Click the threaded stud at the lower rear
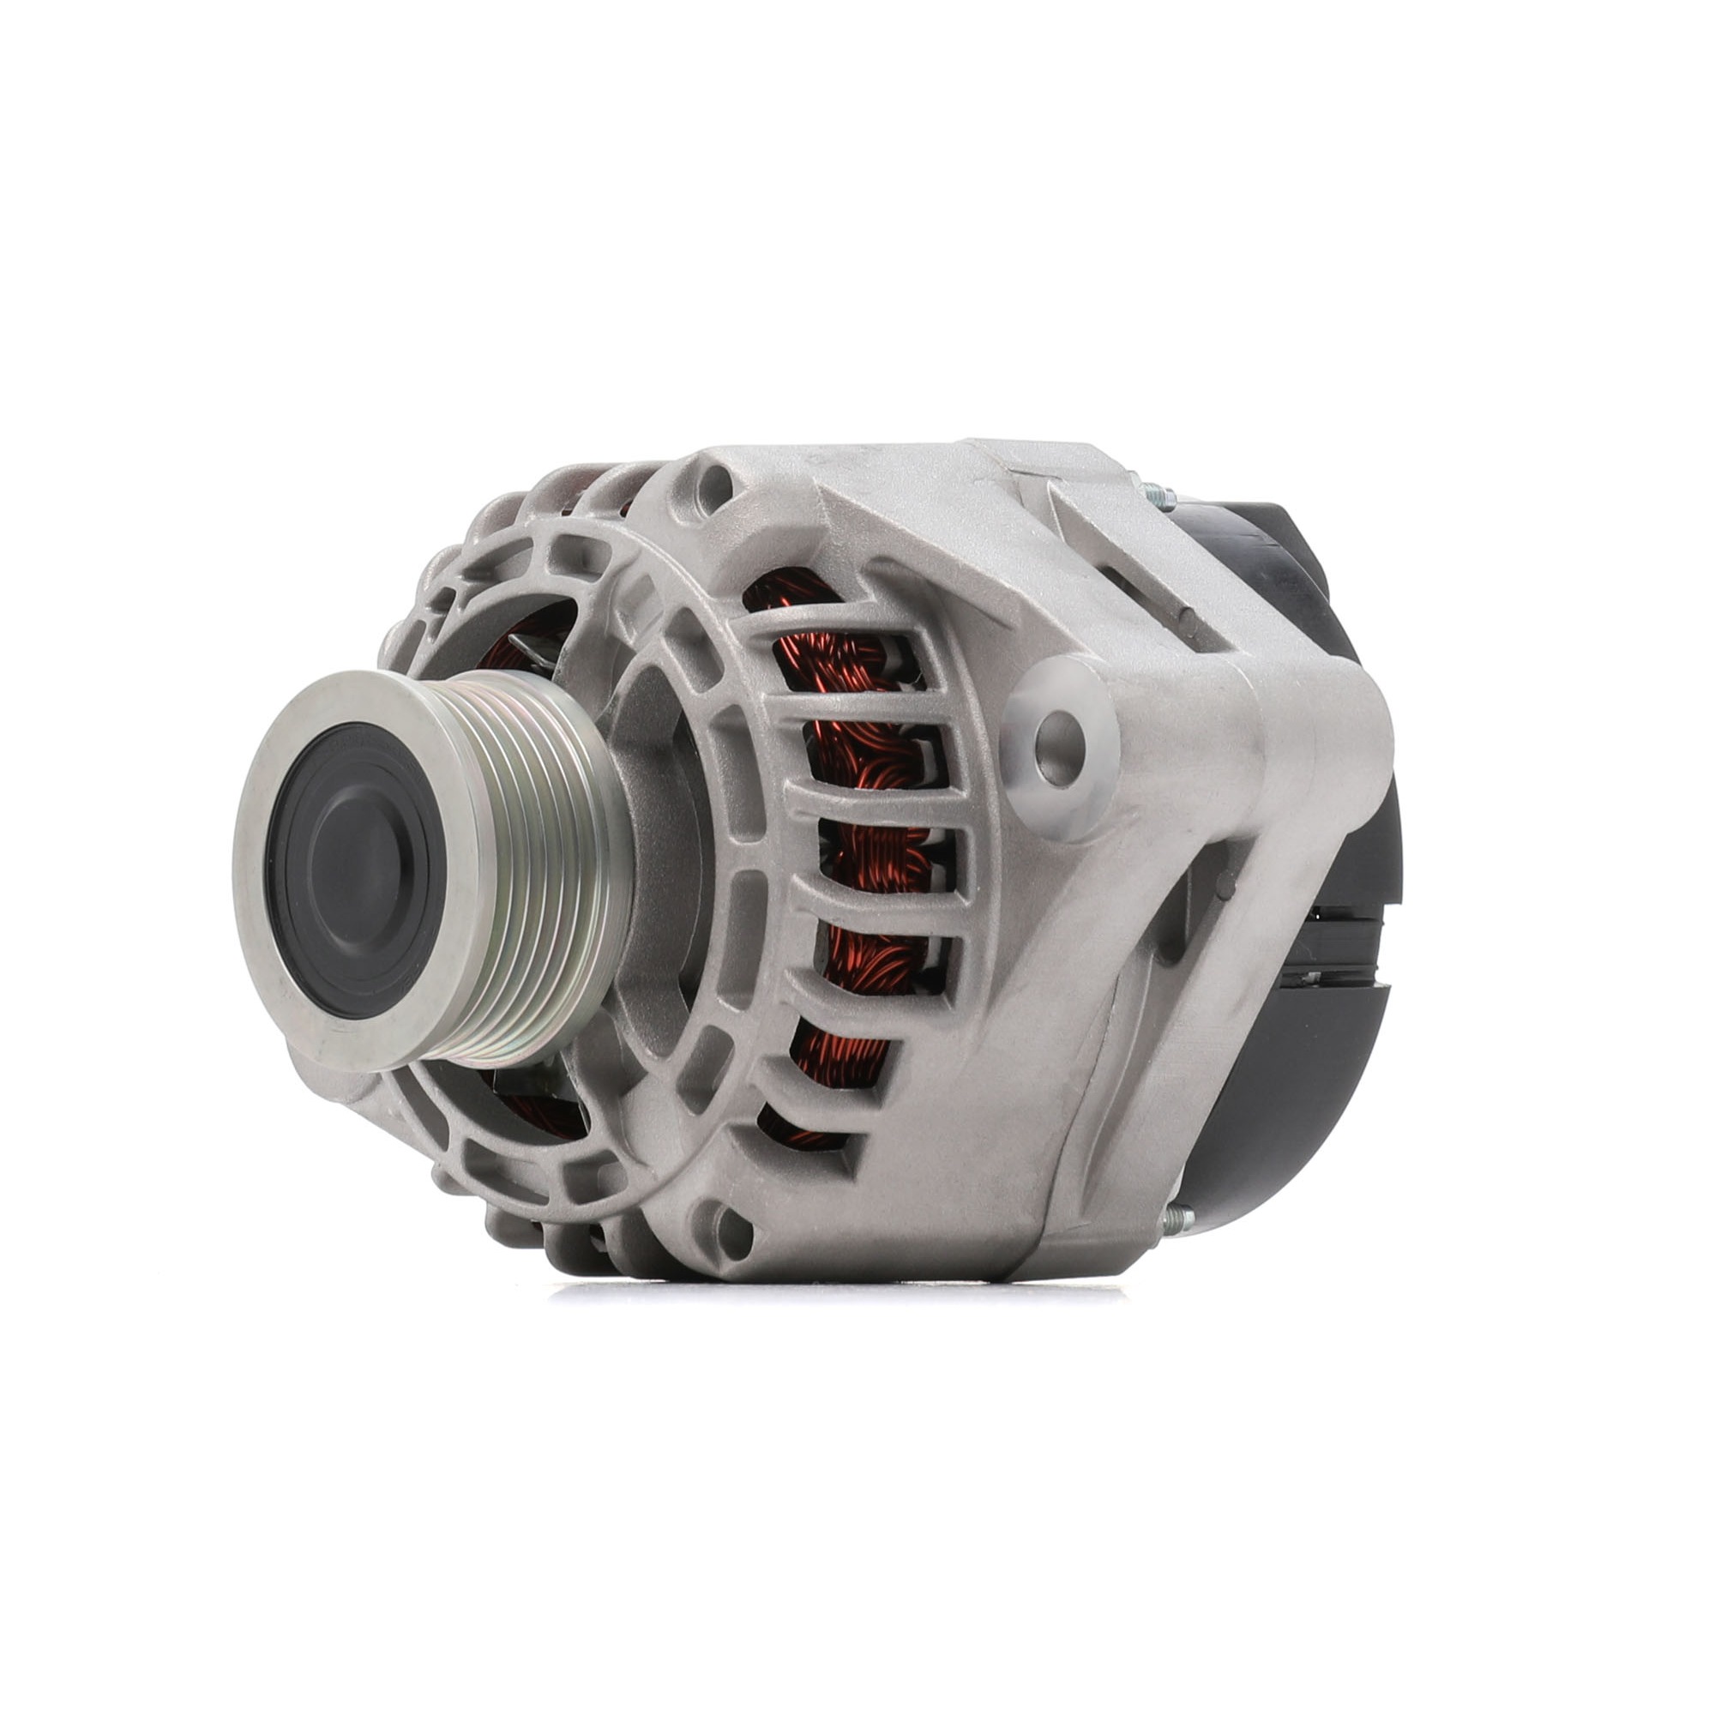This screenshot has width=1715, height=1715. coord(1176,1215)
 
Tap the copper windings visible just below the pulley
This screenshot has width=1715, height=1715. coord(533,1110)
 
